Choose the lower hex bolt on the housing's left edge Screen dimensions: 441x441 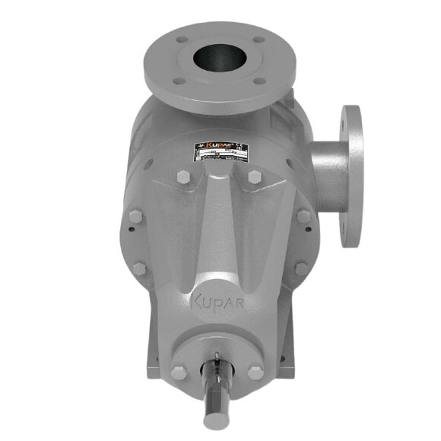(x=138, y=268)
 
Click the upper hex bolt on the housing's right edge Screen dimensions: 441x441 (x=303, y=216)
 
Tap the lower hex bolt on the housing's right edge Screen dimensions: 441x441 (x=301, y=268)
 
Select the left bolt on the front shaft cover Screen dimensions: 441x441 (x=179, y=373)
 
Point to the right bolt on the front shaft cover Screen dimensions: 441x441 (x=256, y=373)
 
